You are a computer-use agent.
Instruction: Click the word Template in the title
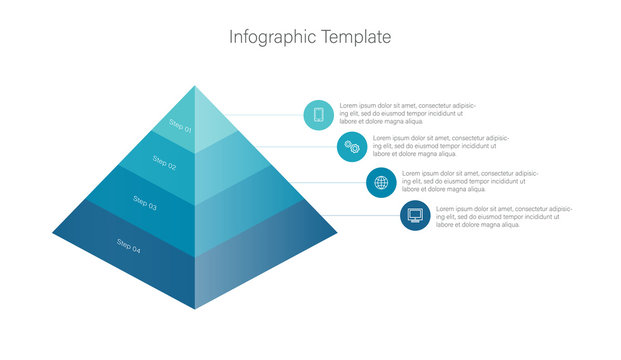point(356,38)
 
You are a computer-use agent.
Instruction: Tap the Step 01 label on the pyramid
point(180,126)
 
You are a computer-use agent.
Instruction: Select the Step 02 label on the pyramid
point(164,162)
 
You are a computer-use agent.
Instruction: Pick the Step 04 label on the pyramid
point(129,245)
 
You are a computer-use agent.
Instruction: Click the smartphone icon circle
point(319,114)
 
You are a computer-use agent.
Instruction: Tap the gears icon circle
point(352,147)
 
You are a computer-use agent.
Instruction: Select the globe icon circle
point(381,182)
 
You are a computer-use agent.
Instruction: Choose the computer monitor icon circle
point(415,215)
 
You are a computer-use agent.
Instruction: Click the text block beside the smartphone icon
point(407,114)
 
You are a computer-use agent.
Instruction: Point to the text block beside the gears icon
point(440,146)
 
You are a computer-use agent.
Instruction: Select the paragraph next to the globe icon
point(469,181)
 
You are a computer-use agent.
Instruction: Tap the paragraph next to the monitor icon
point(503,216)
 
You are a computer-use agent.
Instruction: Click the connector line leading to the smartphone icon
point(265,115)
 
